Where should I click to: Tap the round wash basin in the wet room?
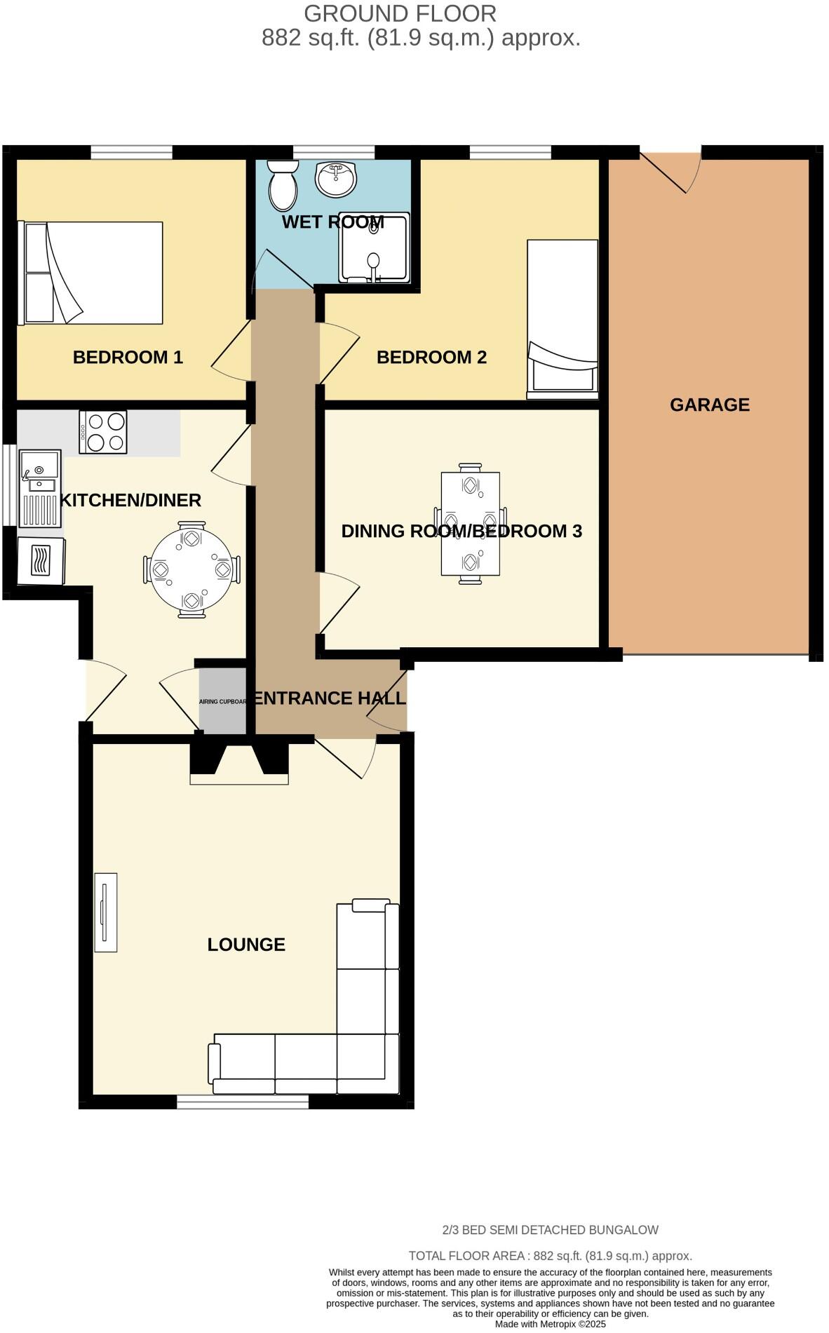coord(336,179)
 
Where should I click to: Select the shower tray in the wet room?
coord(373,249)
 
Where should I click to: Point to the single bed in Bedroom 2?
coord(562,319)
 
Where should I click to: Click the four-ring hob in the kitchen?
coord(103,432)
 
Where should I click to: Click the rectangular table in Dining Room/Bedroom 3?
coord(470,524)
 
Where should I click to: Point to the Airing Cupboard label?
coord(223,701)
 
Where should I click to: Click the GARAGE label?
coord(710,405)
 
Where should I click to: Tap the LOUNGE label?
coord(246,945)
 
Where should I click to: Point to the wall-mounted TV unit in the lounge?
coord(105,912)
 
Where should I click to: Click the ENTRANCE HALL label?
coord(328,698)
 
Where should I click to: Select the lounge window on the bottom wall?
coord(243,1102)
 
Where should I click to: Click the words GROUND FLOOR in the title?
coord(400,13)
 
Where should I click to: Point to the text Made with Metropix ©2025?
coord(550,1324)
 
